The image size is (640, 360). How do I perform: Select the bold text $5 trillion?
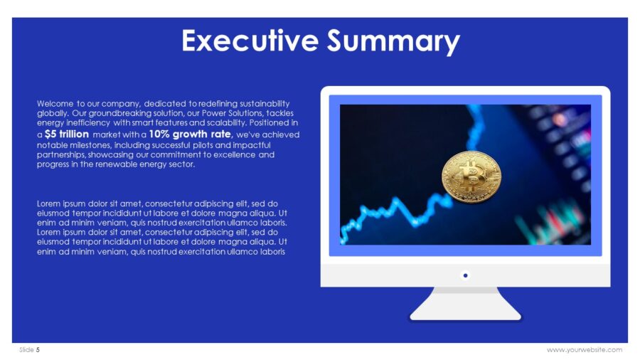[x=66, y=134]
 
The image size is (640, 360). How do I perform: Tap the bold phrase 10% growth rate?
[x=190, y=134]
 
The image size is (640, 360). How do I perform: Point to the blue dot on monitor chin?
[x=465, y=275]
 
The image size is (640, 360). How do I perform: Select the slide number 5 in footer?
[x=38, y=349]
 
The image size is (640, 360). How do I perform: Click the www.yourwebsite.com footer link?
[x=584, y=349]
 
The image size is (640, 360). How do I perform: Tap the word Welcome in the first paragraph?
[x=55, y=103]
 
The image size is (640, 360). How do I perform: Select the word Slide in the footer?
[x=26, y=349]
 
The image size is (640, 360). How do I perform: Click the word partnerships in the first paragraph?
[x=61, y=154]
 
